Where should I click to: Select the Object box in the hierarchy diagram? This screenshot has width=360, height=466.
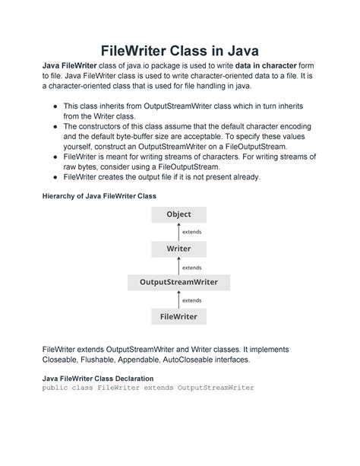[x=178, y=214]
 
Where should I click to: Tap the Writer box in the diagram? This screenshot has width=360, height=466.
[x=178, y=249]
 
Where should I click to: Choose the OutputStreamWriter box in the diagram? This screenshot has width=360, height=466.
[x=178, y=282]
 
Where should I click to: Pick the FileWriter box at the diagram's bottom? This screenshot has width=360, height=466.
[x=178, y=316]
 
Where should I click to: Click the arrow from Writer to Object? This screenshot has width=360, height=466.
[x=178, y=231]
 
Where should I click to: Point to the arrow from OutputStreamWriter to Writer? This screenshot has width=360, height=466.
[x=178, y=265]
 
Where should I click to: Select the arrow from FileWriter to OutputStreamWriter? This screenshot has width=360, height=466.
[x=178, y=300]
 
